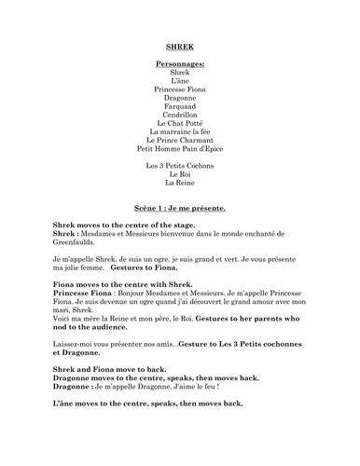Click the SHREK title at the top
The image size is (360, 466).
180,44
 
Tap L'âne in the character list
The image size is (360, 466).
180,80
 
